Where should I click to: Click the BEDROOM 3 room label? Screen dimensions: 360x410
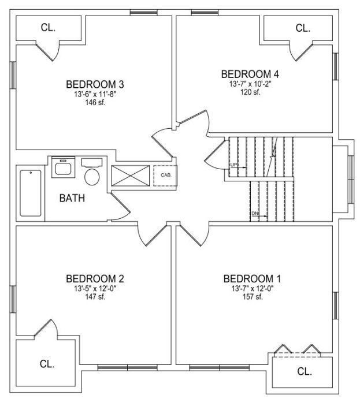pos(95,84)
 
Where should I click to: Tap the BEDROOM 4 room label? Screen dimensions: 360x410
pos(250,74)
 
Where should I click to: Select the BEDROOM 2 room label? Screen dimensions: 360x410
pos(95,279)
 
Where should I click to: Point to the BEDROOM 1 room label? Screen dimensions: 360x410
pos(252,279)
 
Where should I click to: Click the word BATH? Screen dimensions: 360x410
pos(72,198)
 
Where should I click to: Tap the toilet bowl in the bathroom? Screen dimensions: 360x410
pos(92,177)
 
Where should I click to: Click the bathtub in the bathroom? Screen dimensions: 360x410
pos(31,193)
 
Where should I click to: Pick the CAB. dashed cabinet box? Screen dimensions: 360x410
pos(165,176)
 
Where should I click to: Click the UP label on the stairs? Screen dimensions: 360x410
pos(233,165)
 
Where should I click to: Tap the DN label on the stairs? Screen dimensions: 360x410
pos(255,214)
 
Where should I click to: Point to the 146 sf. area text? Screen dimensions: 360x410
pos(95,103)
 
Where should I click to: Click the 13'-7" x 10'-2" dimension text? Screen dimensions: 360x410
pos(251,84)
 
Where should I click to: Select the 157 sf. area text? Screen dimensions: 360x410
pos(253,297)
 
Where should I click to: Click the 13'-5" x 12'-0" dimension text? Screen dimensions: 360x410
pos(95,289)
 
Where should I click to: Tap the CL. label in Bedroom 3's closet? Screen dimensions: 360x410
pos(48,28)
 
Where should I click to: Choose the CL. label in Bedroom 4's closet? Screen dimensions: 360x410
pos(303,28)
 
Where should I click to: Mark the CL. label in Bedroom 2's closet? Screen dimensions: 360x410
pos(47,364)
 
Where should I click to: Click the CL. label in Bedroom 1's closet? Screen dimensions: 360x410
pos(305,371)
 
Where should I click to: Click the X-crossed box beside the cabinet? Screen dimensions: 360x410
pos(131,176)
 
